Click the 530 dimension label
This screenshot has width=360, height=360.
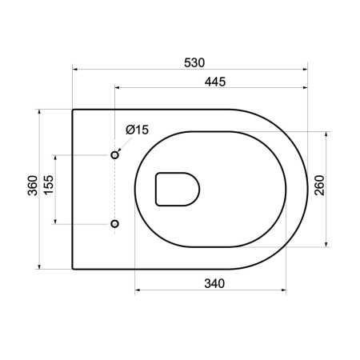(x=194, y=63)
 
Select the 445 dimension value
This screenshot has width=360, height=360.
(x=215, y=82)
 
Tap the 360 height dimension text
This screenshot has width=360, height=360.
(x=33, y=186)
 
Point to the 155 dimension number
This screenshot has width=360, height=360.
(x=49, y=185)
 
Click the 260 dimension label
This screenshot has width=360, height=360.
(x=319, y=186)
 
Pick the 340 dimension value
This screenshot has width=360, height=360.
(x=214, y=283)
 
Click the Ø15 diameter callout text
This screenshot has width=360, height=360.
(x=137, y=130)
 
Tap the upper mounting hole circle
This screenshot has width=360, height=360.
(x=114, y=154)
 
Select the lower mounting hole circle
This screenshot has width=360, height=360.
(x=114, y=224)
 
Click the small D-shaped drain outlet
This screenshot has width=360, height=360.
(x=178, y=190)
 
